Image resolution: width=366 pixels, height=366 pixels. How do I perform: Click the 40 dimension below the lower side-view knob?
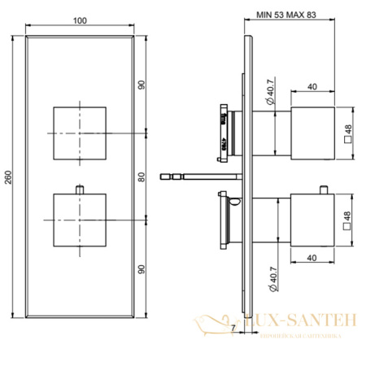[312, 259]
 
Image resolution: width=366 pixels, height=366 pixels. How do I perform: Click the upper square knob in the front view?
[79, 132]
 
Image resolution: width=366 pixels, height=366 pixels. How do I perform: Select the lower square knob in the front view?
[79, 219]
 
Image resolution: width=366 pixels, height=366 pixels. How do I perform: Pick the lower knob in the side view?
[312, 219]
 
